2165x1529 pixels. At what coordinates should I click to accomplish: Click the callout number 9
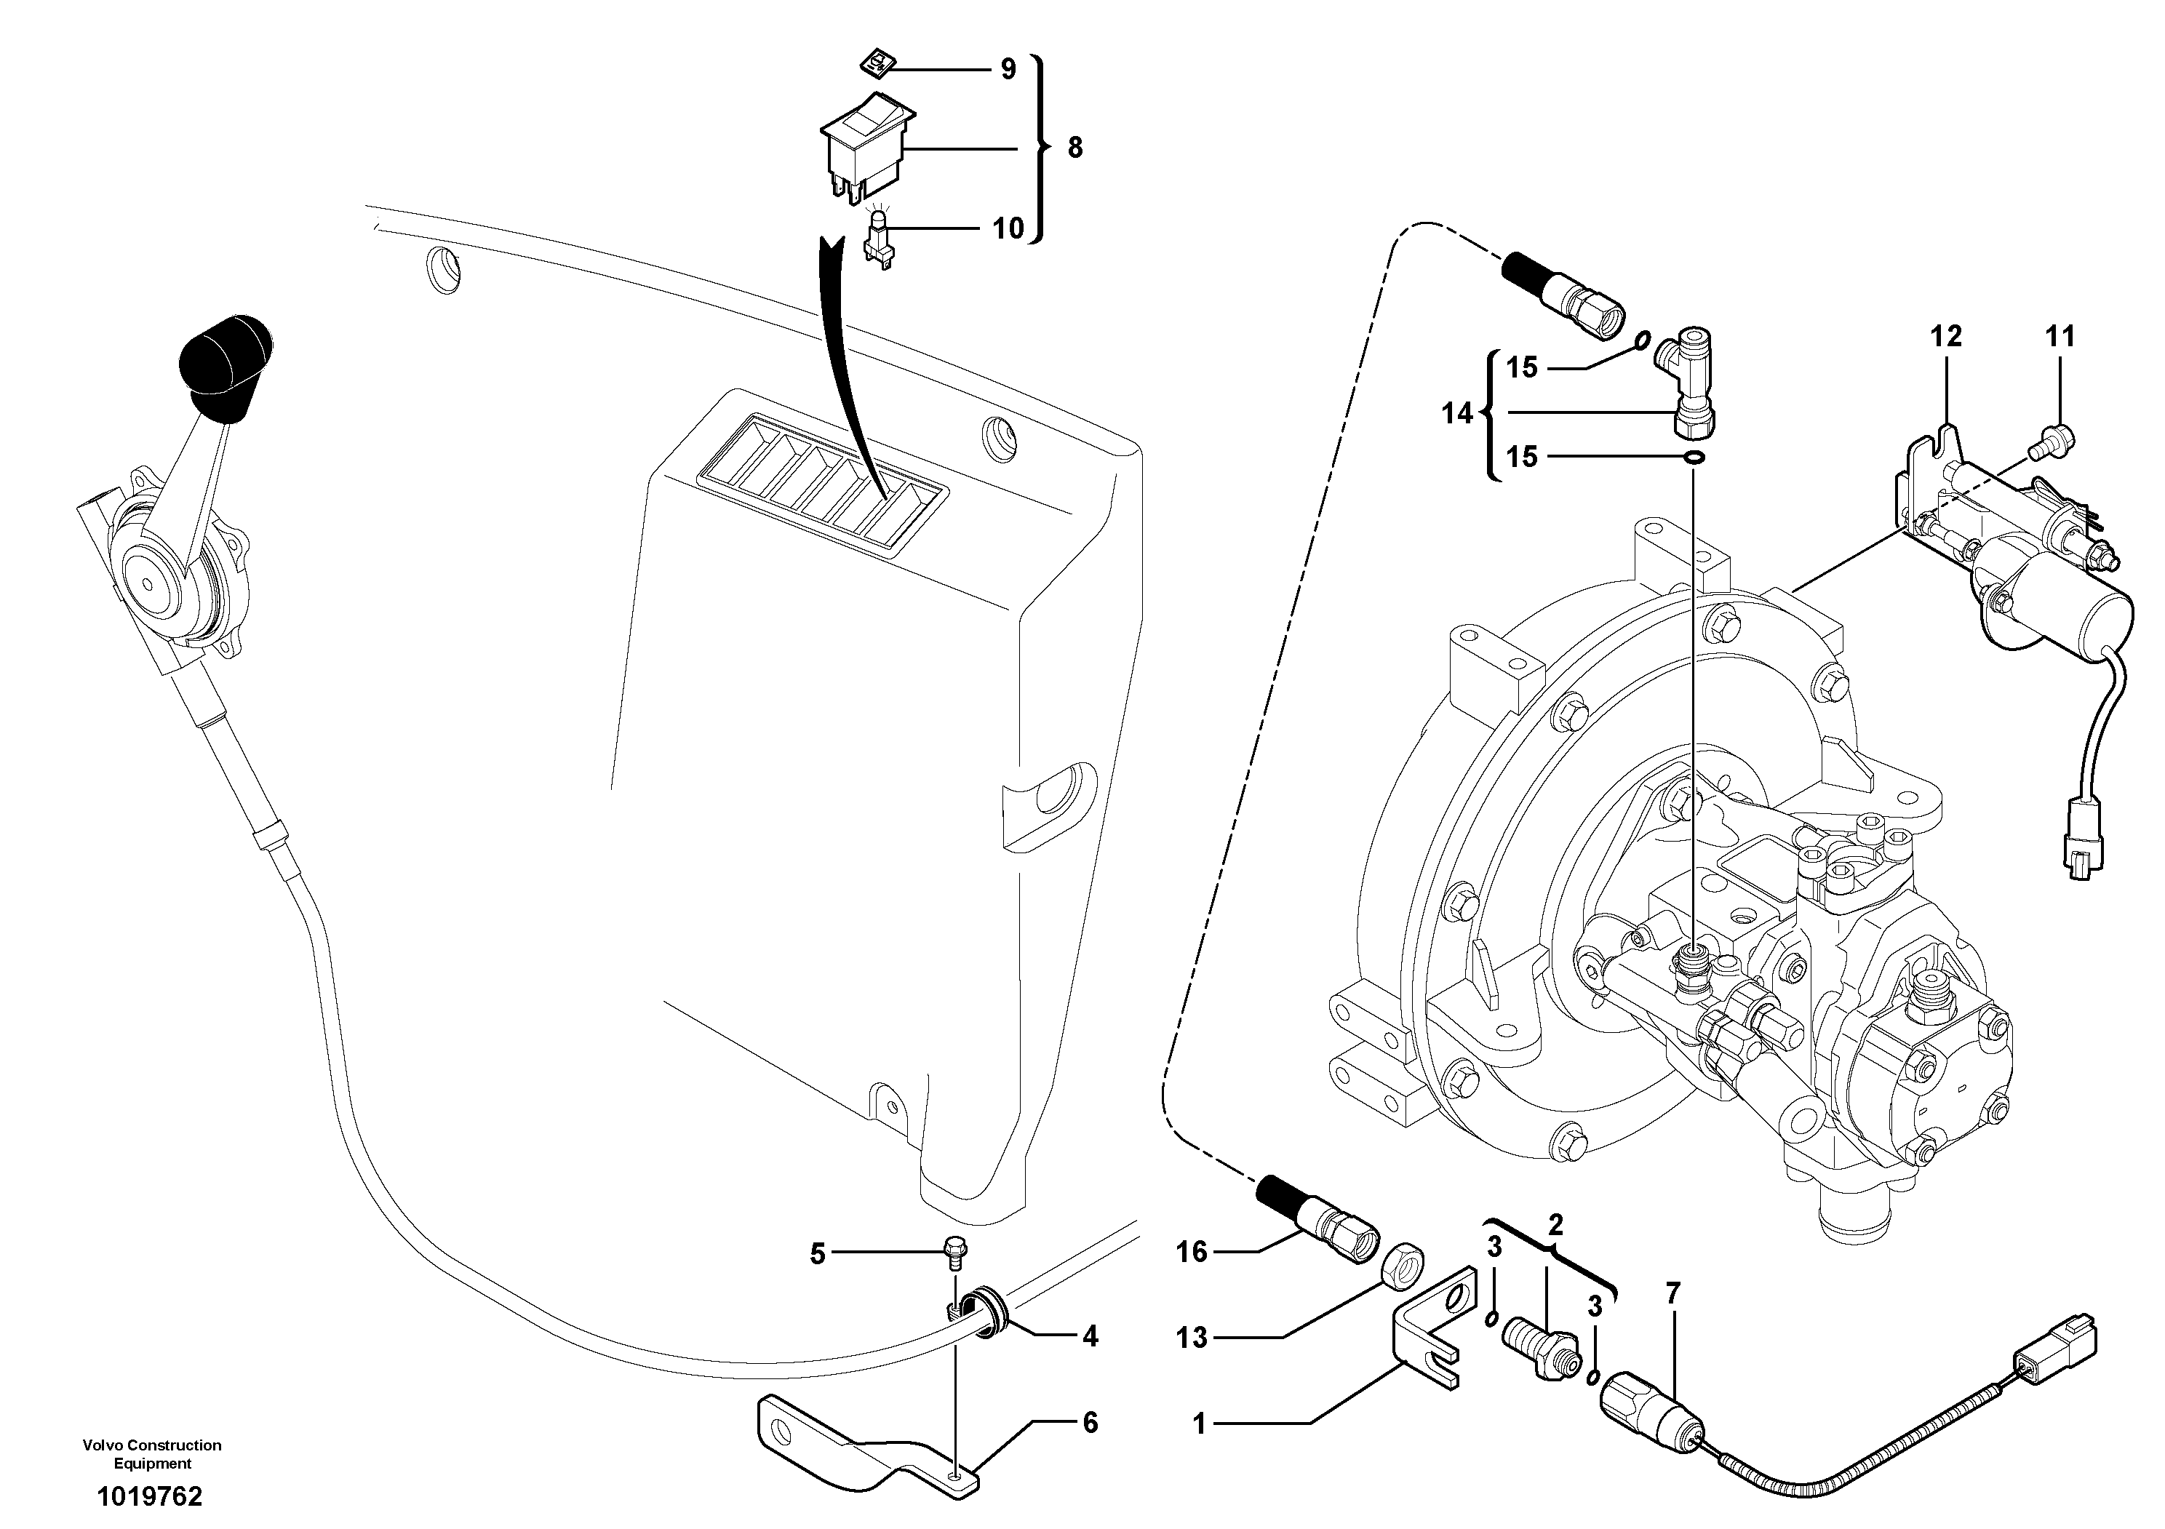(1008, 69)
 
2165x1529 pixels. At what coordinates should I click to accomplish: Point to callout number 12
(1946, 337)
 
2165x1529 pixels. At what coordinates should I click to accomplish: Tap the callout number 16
(1192, 1253)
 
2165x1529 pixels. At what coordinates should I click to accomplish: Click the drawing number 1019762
(149, 1496)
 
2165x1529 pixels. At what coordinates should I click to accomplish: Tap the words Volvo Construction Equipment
(152, 1453)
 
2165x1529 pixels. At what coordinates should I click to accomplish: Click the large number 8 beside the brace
(1075, 148)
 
